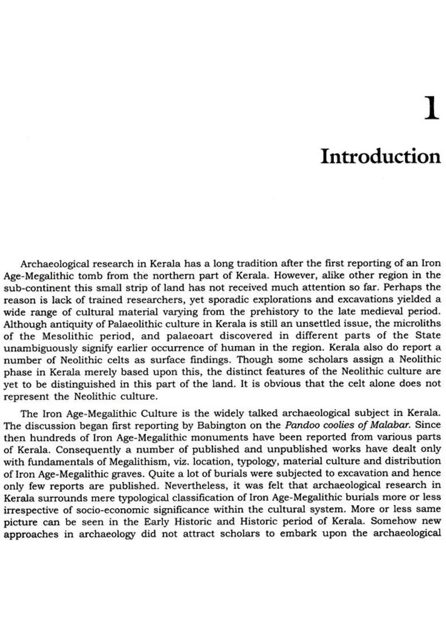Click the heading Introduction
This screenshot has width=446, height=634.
click(x=380, y=156)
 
